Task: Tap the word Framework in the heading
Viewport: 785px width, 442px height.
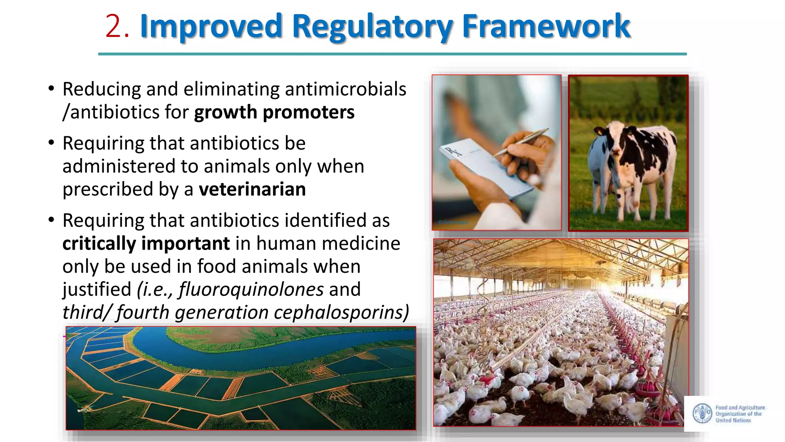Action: pos(546,26)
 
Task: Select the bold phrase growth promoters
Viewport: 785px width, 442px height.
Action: pos(274,112)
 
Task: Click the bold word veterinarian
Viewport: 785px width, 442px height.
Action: pos(252,189)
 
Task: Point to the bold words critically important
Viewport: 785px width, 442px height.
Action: pos(146,243)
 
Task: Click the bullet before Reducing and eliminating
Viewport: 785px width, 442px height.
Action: pos(51,89)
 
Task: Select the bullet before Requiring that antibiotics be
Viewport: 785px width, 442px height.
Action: pos(51,143)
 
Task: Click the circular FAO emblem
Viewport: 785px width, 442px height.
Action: pos(702,414)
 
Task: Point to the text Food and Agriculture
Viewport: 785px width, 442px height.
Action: pos(740,407)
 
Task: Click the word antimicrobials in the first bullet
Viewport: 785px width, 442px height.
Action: pos(345,89)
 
